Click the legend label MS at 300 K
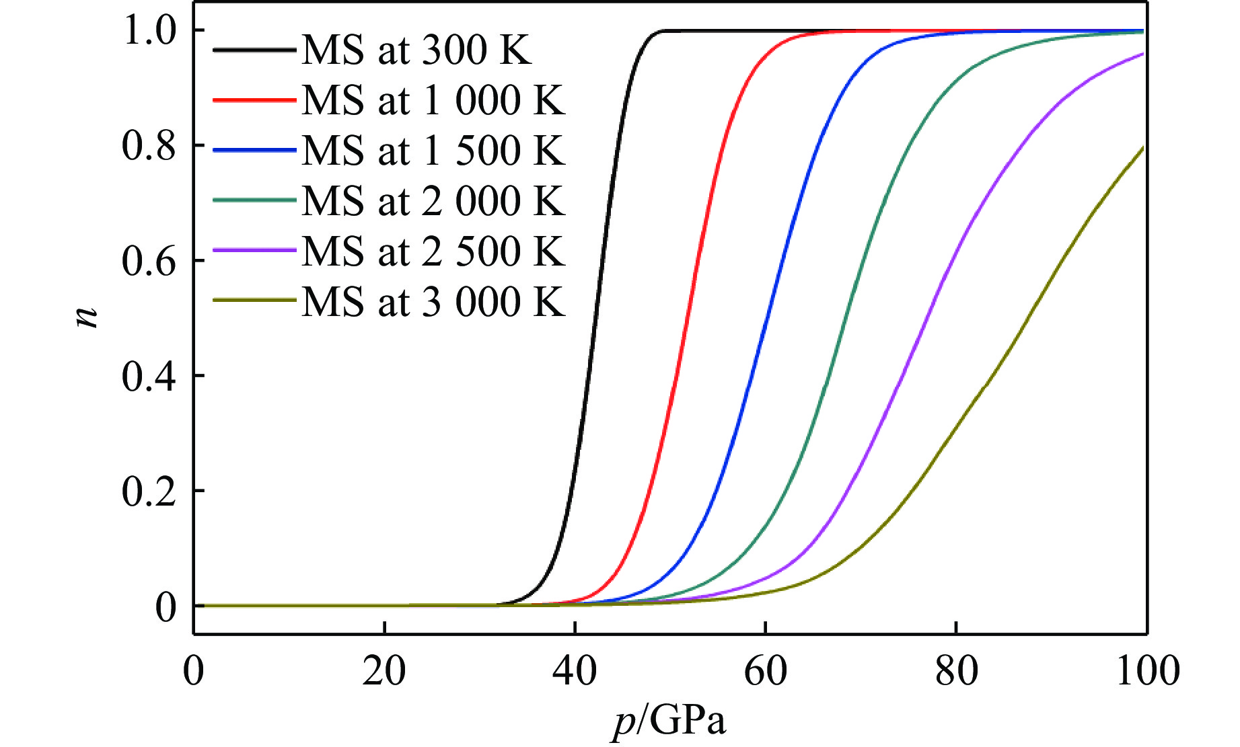click(x=416, y=50)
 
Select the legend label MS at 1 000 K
click(x=433, y=100)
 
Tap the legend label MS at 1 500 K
click(x=433, y=150)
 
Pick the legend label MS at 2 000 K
click(x=433, y=200)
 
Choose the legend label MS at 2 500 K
click(x=433, y=251)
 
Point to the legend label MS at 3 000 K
click(x=433, y=301)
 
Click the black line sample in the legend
click(x=254, y=50)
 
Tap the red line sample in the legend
click(x=254, y=100)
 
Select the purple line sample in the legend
click(x=254, y=251)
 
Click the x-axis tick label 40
click(x=575, y=671)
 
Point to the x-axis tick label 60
click(x=765, y=671)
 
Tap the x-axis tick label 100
click(x=1147, y=671)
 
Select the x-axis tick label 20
click(x=384, y=671)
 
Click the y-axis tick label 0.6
click(x=149, y=261)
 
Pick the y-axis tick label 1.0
click(x=149, y=31)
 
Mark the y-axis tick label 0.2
click(x=149, y=492)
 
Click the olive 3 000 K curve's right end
click(x=1143, y=147)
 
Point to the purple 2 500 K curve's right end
click(x=1143, y=54)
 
